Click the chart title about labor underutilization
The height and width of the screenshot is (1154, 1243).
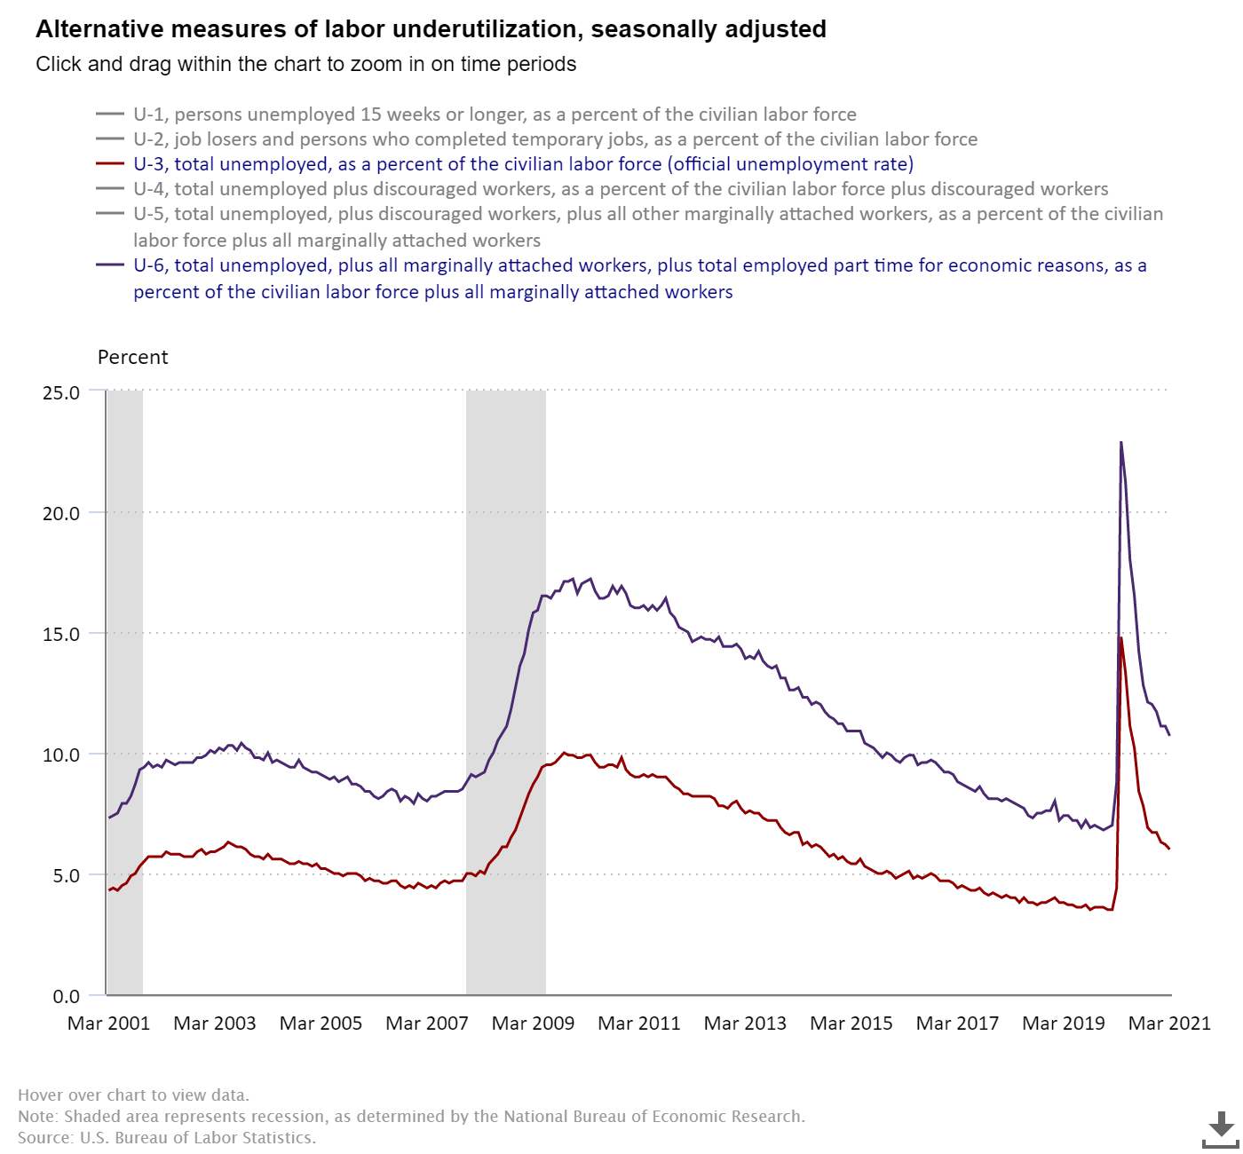431,29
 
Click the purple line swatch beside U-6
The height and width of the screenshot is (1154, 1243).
110,265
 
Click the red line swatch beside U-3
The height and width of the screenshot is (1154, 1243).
110,164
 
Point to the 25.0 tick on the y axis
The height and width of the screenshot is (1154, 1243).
61,393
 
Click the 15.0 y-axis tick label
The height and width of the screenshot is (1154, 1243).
61,635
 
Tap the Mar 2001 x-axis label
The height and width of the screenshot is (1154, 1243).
109,1024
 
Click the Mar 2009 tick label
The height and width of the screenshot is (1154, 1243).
534,1024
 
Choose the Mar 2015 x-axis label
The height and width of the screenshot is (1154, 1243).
851,1024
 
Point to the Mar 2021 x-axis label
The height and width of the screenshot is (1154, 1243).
1169,1024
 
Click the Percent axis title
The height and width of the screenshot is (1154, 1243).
132,358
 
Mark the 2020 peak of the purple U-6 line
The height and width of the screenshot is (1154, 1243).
1121,442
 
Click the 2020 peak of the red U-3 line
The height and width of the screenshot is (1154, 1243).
1121,637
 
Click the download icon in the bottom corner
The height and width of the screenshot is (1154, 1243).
1221,1130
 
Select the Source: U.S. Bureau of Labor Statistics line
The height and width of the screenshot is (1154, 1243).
167,1137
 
